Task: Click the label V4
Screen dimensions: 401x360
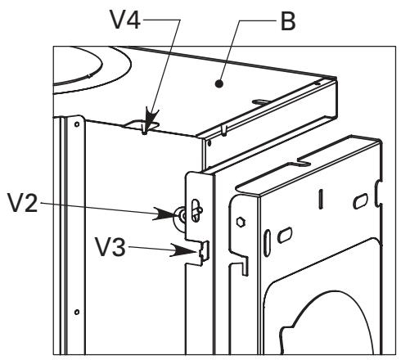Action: [x=125, y=20]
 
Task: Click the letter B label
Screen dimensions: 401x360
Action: [x=288, y=21]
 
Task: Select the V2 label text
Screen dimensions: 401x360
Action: [x=23, y=203]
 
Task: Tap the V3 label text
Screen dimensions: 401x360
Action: [x=110, y=247]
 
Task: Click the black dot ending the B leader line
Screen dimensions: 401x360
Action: [x=219, y=83]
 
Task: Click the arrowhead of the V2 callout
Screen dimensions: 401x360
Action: [x=165, y=214]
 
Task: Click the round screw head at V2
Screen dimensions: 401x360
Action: [x=181, y=217]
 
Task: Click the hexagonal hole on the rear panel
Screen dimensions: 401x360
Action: [x=241, y=222]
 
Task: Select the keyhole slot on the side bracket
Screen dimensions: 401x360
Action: [x=196, y=210]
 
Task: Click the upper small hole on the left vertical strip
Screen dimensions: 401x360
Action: [x=77, y=124]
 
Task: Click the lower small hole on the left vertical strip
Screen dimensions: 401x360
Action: [x=77, y=312]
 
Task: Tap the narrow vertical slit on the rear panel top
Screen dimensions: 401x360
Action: [x=321, y=199]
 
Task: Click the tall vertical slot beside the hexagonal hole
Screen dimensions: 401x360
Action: [x=267, y=243]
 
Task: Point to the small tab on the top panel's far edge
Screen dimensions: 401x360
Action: [x=261, y=102]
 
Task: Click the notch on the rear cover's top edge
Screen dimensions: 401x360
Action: [x=304, y=161]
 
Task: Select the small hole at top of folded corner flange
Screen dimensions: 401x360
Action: [x=210, y=142]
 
